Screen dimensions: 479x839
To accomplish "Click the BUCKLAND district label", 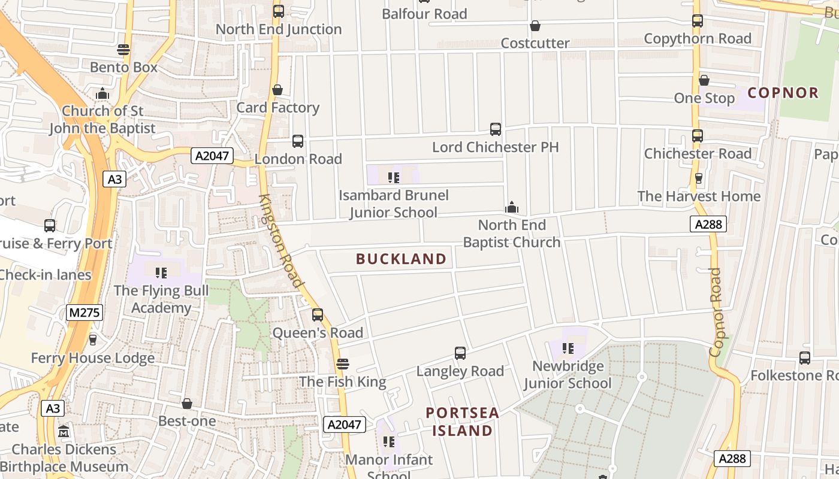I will [x=401, y=259].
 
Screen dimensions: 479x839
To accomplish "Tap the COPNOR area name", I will [x=783, y=93].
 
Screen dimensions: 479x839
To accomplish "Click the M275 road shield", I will [x=84, y=313].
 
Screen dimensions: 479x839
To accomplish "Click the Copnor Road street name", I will [x=716, y=312].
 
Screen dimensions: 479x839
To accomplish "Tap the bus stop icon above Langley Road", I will [x=460, y=353].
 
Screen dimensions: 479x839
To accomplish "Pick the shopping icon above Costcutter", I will [x=535, y=26].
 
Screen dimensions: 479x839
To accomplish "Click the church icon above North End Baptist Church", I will [x=512, y=207].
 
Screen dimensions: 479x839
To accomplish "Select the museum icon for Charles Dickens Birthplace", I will [x=64, y=431].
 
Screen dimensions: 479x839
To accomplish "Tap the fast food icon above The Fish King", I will [x=343, y=363].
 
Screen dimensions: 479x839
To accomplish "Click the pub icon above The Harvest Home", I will [x=698, y=178].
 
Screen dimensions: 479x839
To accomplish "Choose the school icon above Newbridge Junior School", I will [x=568, y=348].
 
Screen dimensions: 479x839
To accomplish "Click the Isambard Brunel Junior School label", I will [x=393, y=204].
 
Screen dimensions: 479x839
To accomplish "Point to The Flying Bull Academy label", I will [x=161, y=299].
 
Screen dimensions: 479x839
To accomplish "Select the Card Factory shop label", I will [x=277, y=108].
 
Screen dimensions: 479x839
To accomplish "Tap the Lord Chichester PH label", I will [x=495, y=147].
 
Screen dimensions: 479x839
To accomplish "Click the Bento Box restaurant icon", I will [x=123, y=50].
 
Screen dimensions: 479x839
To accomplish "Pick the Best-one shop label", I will [x=187, y=421].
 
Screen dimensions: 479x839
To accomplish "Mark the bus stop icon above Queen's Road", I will [x=318, y=314].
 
